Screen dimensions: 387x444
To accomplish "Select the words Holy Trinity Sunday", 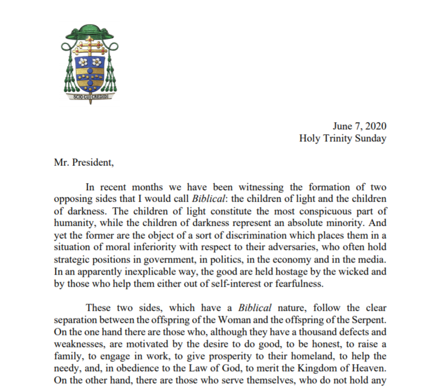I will tap(342, 138).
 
